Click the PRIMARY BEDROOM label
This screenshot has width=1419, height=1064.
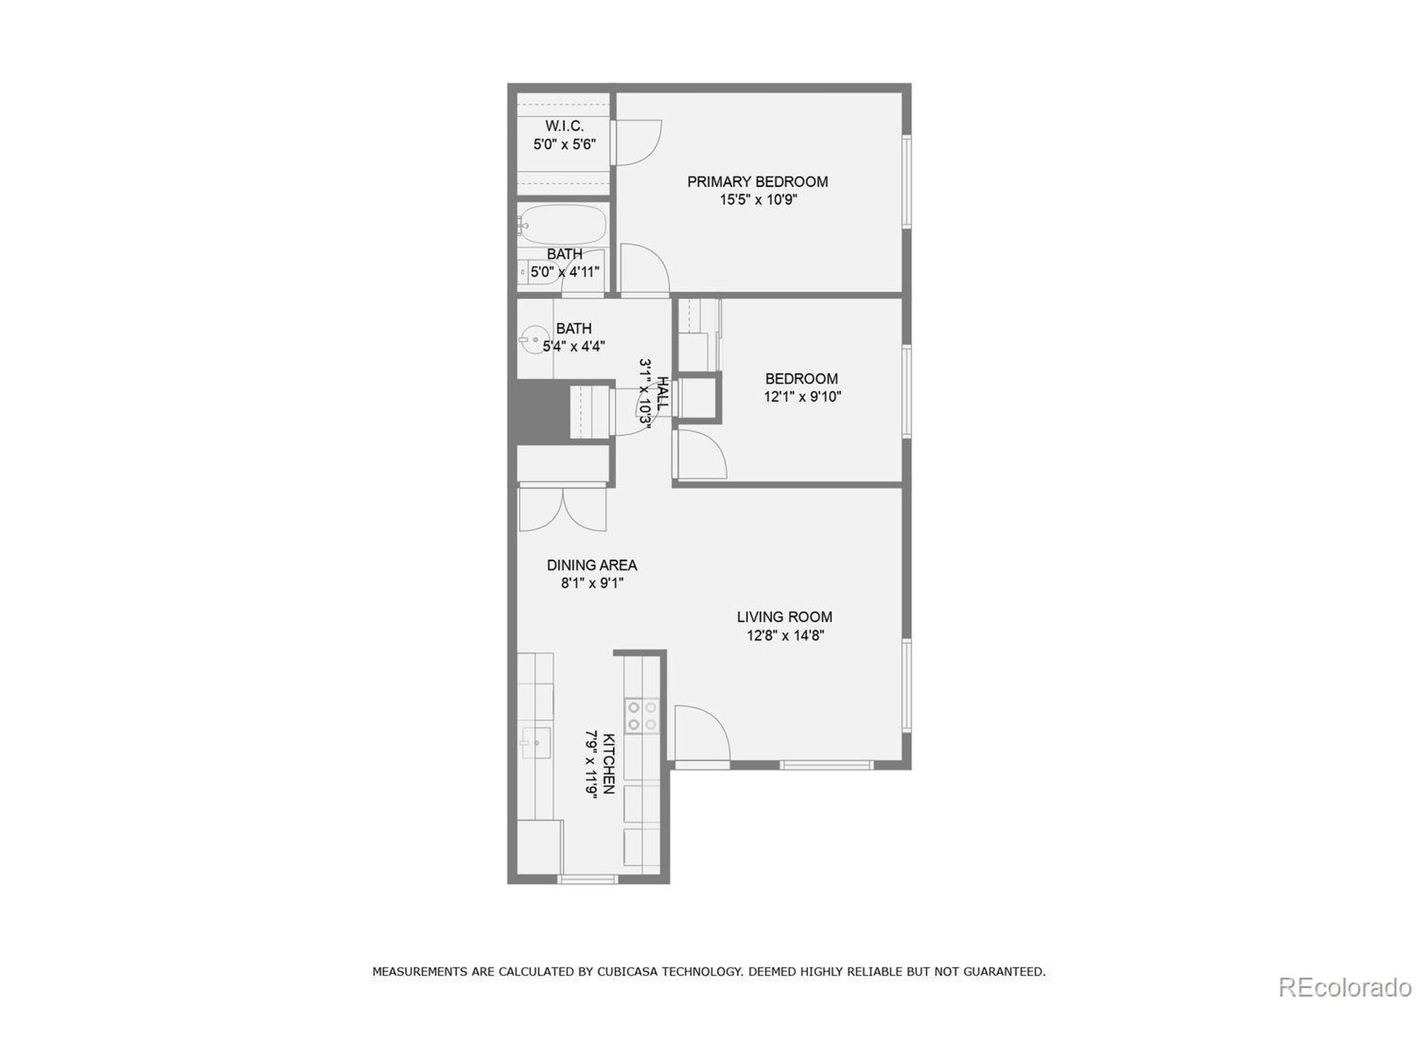tap(757, 182)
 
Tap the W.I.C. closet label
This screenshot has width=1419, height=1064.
tap(564, 126)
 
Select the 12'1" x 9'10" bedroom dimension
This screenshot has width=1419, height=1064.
tap(802, 397)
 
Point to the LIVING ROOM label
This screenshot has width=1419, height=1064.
tap(784, 617)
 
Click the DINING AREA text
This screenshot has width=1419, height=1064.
tap(591, 565)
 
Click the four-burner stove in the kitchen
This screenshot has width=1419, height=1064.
tap(642, 716)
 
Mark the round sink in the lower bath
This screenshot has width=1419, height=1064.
tap(533, 340)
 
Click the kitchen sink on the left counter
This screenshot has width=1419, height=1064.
tap(535, 743)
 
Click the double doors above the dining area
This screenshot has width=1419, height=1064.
tap(563, 509)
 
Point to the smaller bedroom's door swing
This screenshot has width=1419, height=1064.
tap(701, 455)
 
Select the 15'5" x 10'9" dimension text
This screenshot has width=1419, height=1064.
tap(758, 200)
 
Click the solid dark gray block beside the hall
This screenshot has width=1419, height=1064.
tap(539, 411)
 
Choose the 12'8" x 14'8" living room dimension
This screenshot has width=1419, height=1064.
tap(784, 636)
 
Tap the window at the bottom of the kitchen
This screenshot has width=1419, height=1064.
tap(587, 879)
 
